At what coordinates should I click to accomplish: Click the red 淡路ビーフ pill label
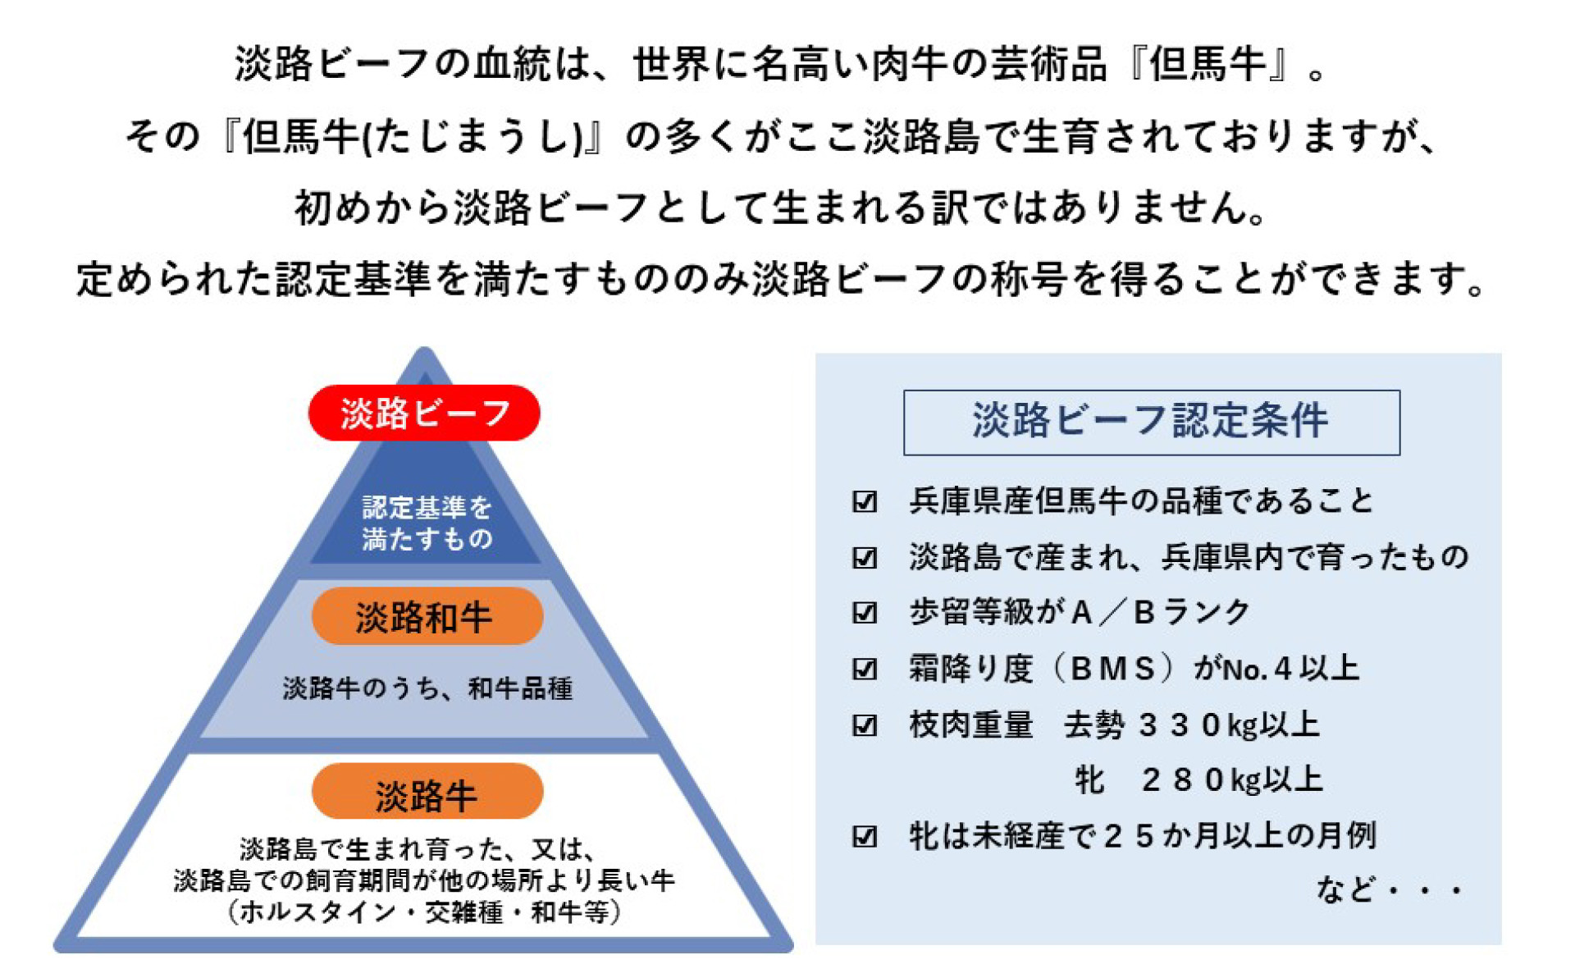point(424,413)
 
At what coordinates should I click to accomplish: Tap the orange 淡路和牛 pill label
point(427,616)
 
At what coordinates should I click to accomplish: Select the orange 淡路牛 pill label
point(427,793)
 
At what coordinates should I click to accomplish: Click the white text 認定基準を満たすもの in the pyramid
point(427,523)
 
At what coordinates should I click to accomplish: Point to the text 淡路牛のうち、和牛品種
point(427,688)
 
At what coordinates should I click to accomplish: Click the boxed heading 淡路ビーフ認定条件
point(1151,422)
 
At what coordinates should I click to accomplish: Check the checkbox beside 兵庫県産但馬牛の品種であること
point(865,501)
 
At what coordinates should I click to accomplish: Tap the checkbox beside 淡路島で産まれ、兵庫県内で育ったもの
point(865,558)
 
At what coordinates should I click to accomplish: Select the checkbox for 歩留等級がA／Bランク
point(865,613)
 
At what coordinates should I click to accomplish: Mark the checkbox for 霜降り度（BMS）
point(865,670)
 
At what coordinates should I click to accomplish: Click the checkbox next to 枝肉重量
point(865,725)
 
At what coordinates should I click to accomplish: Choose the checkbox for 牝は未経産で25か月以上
point(865,837)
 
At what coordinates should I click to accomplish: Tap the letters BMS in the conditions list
point(1113,670)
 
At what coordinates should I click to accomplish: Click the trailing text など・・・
point(1389,889)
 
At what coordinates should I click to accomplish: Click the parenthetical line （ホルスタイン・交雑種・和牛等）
point(424,912)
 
